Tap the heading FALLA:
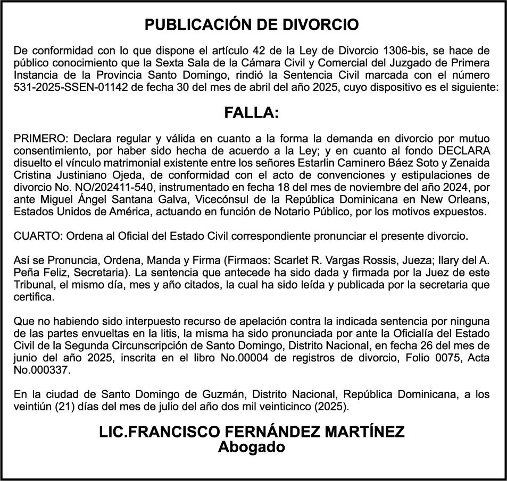[x=252, y=113]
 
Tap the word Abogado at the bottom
[x=252, y=447]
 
